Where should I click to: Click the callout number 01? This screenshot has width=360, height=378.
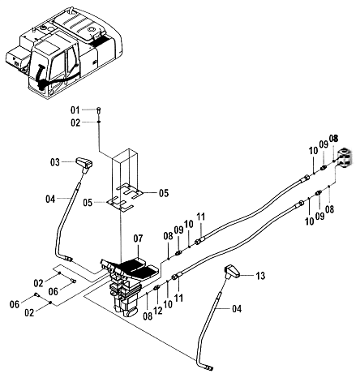75,110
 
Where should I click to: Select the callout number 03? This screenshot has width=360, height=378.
55,162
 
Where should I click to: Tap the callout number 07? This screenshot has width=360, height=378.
138,238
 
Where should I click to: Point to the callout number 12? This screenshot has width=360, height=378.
158,310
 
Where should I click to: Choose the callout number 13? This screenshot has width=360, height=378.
260,276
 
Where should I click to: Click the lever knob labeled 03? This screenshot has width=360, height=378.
84,164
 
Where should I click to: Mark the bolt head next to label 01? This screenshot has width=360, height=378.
99,110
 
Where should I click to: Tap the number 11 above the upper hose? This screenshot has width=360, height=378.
200,217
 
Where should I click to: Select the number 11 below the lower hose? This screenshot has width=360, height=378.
178,298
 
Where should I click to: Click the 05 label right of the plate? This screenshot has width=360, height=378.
164,193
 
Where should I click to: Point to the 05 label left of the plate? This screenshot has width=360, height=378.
88,203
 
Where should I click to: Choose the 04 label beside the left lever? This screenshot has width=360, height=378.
50,200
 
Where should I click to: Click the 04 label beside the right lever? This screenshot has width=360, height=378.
237,309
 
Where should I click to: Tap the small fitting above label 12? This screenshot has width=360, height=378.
156,287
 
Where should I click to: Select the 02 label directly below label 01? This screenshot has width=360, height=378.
75,123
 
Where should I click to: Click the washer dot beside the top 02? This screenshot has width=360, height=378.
99,122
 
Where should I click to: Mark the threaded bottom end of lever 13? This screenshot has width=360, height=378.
209,367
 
